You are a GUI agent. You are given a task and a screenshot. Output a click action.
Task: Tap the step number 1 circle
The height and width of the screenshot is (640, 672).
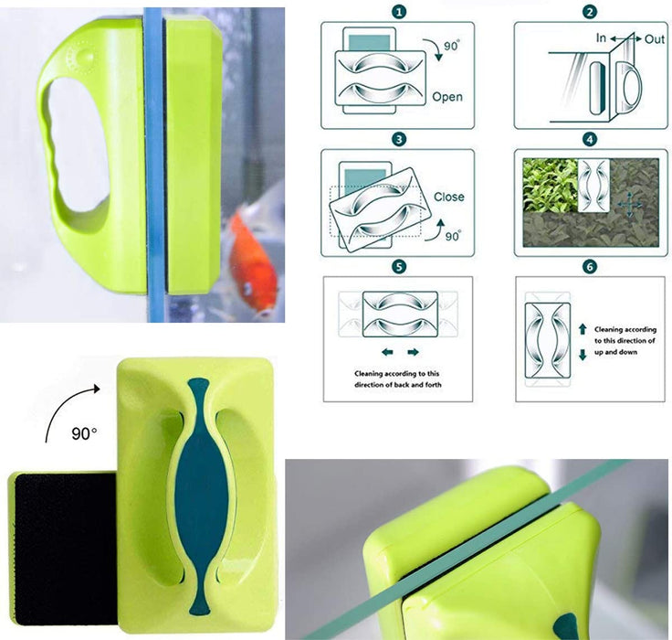pos(399,12)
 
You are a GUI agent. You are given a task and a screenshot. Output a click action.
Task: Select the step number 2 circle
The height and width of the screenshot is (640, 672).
pos(590,12)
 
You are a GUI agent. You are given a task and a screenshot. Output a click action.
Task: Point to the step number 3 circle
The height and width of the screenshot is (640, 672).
pos(399,140)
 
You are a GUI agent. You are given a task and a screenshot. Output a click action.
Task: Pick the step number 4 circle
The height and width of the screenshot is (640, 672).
pos(590,140)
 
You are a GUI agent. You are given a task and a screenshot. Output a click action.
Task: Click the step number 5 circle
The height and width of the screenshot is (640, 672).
pos(399,267)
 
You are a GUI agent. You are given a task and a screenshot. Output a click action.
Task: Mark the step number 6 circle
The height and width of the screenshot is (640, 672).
pos(590,267)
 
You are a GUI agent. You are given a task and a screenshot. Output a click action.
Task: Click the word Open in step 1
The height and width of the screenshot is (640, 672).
pos(447,97)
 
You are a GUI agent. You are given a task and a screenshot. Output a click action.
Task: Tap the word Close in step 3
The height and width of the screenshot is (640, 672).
pos(448,197)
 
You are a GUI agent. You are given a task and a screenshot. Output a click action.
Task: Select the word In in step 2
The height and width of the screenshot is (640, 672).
pos(601,38)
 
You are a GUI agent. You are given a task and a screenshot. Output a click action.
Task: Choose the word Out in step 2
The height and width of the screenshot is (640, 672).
pos(654,39)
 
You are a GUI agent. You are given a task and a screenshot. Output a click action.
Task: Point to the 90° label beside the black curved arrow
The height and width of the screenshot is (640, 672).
pos(84,433)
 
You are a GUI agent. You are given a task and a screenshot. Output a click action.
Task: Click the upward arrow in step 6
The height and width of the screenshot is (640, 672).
pos(583,329)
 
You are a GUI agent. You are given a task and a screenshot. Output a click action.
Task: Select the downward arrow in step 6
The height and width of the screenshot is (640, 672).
pos(583,355)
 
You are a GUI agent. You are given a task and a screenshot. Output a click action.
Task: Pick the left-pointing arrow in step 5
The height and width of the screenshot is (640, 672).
pos(387,352)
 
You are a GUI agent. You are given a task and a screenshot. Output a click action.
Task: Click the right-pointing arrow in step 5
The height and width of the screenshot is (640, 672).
pos(413,352)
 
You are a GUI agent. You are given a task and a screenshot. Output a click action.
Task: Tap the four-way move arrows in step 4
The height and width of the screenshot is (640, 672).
pos(629,205)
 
